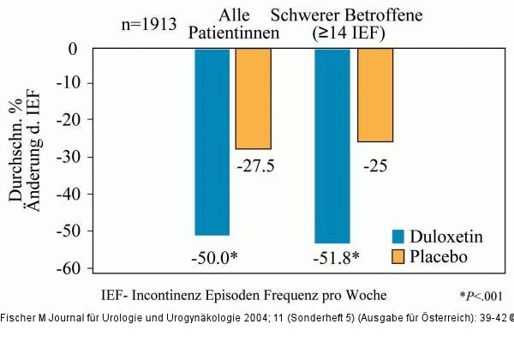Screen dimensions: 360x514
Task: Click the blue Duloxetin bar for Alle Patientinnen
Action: coord(212,141)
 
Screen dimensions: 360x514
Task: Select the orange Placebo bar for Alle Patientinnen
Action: coord(253,99)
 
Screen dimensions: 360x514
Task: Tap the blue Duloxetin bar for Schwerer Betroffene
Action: coord(332,146)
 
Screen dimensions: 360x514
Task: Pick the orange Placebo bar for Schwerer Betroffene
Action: coord(374,94)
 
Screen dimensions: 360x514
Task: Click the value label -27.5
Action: coord(254,166)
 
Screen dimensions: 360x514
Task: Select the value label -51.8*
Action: coord(333,256)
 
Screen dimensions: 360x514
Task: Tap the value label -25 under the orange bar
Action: coord(374,165)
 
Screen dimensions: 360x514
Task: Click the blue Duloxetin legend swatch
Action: coord(397,236)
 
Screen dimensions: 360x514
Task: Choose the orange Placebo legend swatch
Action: coord(397,256)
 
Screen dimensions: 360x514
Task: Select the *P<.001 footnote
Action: coord(480,296)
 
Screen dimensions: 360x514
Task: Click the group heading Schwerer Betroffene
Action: coord(373,15)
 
